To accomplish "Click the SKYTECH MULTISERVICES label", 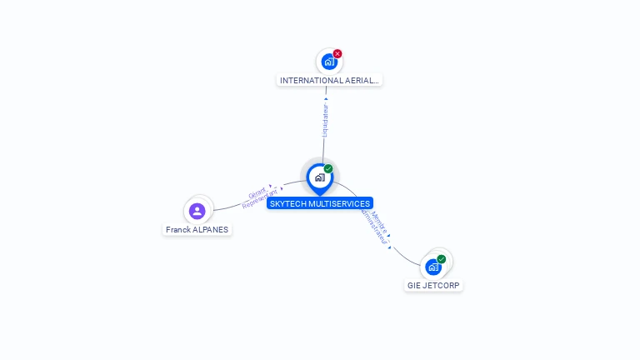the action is (x=320, y=203).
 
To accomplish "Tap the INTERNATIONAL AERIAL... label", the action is (x=329, y=81).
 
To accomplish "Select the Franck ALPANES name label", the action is (x=197, y=229).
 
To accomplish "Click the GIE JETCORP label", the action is (x=433, y=285).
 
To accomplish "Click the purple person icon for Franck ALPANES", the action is (x=197, y=211).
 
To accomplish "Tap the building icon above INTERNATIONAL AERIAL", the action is (x=328, y=62).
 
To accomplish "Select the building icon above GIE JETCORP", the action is (x=432, y=267).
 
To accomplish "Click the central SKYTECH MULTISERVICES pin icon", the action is (x=319, y=177).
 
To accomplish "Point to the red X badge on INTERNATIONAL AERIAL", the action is (x=337, y=53).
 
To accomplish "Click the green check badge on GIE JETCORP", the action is (x=442, y=258).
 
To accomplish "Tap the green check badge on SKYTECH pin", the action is (x=328, y=168).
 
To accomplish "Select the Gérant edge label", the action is (x=257, y=192).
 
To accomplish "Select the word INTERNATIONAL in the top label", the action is (x=312, y=81).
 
